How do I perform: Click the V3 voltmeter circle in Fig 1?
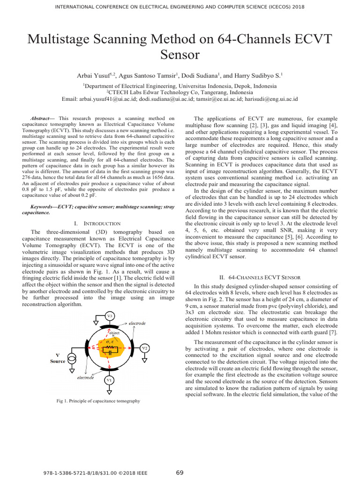(109, 316)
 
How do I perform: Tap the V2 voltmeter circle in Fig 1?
(145, 348)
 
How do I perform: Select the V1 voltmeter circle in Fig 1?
(109, 379)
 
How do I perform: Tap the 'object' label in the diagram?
(114, 333)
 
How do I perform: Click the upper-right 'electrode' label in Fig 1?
(137, 323)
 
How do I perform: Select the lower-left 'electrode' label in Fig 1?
(86, 377)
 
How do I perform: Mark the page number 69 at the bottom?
(180, 472)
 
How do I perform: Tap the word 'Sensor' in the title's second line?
(180, 55)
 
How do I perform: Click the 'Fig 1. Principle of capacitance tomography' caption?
(98, 401)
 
